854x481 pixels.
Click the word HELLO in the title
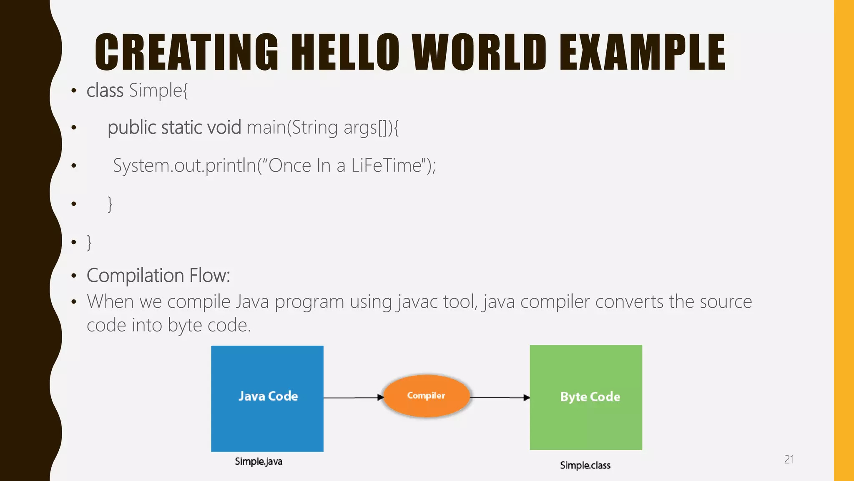pyautogui.click(x=344, y=53)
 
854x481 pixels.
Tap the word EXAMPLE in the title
pyautogui.click(x=642, y=53)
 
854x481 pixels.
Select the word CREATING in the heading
pyautogui.click(x=186, y=53)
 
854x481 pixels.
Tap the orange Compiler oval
pyautogui.click(x=426, y=396)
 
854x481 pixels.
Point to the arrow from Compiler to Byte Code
pyautogui.click(x=500, y=397)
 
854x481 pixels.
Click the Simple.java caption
pyautogui.click(x=259, y=461)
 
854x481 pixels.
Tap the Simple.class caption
pyautogui.click(x=585, y=465)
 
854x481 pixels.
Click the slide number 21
pyautogui.click(x=789, y=459)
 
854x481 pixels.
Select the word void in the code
pyautogui.click(x=224, y=127)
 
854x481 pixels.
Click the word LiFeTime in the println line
pyautogui.click(x=387, y=165)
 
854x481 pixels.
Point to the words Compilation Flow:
pyautogui.click(x=158, y=276)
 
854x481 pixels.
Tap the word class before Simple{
pyautogui.click(x=105, y=90)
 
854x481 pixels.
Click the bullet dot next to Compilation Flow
pyautogui.click(x=74, y=276)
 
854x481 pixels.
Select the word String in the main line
pyautogui.click(x=314, y=127)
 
